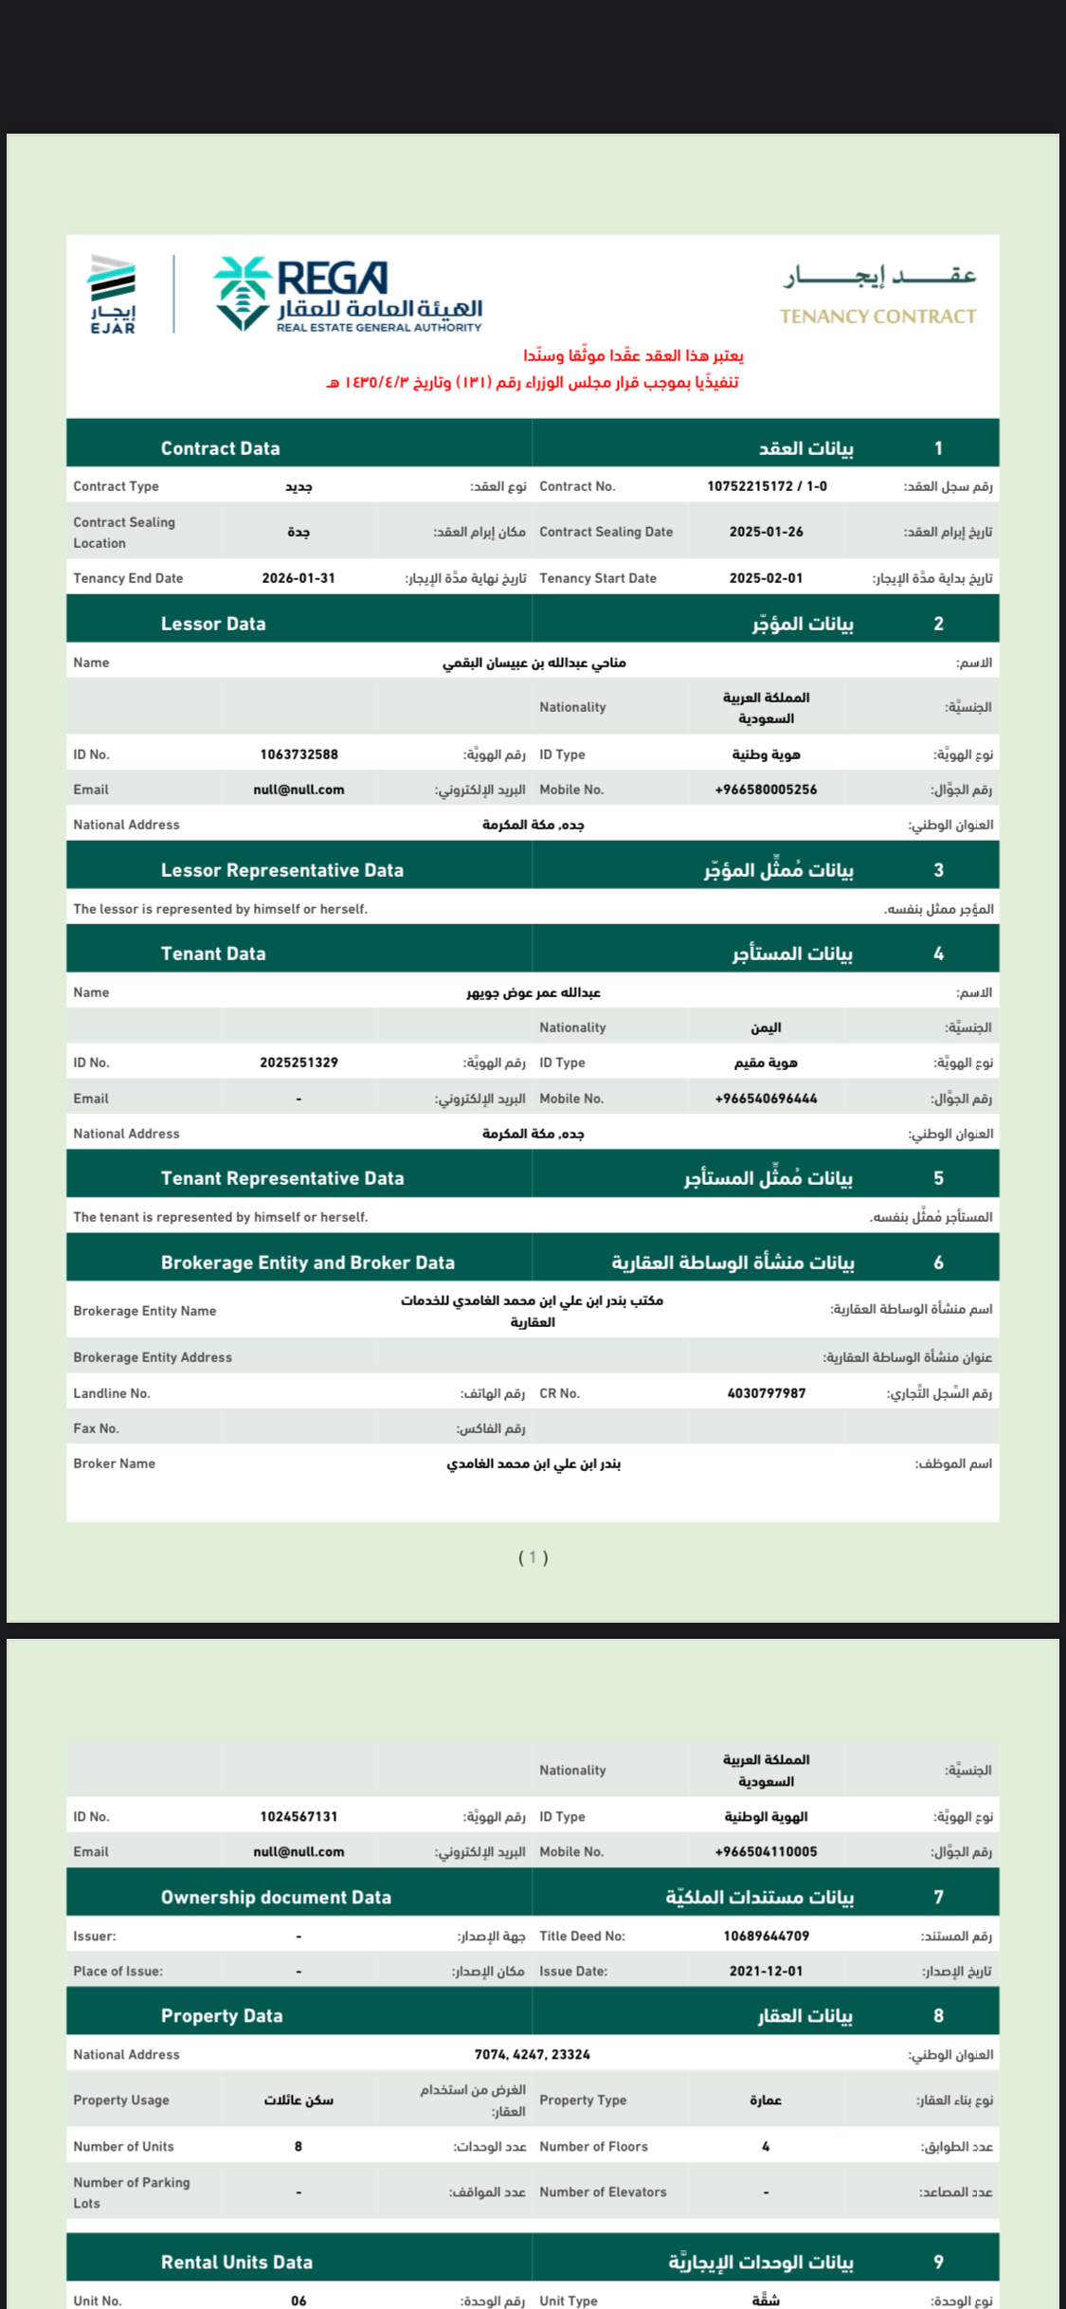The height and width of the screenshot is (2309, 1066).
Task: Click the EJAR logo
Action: pos(113,294)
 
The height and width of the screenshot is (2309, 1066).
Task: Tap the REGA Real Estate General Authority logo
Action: pos(348,294)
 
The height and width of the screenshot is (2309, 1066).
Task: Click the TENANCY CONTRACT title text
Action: pos(877,317)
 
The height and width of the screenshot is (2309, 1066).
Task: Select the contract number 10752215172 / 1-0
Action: pos(767,486)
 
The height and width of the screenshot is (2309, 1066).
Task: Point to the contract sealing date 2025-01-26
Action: pos(766,532)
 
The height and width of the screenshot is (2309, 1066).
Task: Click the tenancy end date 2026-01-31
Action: pos(298,578)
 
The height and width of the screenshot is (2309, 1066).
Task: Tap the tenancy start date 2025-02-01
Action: pos(766,578)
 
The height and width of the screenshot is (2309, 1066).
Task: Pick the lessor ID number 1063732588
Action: pos(298,755)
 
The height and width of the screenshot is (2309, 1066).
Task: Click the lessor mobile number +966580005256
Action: pos(766,790)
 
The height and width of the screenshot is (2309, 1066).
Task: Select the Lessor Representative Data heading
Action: pos(282,870)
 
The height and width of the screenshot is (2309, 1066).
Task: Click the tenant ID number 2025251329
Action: pos(298,1063)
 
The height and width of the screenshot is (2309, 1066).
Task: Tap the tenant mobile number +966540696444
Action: pos(766,1099)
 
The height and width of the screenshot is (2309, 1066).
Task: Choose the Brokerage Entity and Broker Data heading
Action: pos(308,1263)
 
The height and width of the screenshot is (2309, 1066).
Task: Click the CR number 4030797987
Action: pos(766,1393)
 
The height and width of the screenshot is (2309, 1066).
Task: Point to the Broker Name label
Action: pos(115,1464)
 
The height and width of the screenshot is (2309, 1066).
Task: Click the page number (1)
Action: pos(533,1557)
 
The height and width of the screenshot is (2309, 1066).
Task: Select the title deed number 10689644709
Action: pos(766,1936)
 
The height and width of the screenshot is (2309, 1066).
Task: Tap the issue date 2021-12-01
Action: pos(766,1971)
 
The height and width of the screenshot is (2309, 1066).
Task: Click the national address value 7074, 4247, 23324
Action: pos(533,2054)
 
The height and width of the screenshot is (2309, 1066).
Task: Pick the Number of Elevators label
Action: pos(603,2191)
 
